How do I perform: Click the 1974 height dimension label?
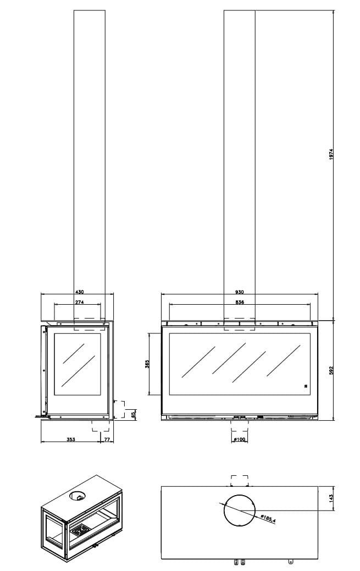331,155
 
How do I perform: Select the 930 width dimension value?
239,292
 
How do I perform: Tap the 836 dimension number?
240,302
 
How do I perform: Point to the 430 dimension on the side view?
79,292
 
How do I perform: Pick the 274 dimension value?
79,302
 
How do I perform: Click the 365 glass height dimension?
147,364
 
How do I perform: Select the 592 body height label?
331,370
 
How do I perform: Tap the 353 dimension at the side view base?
71,440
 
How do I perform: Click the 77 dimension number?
107,440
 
